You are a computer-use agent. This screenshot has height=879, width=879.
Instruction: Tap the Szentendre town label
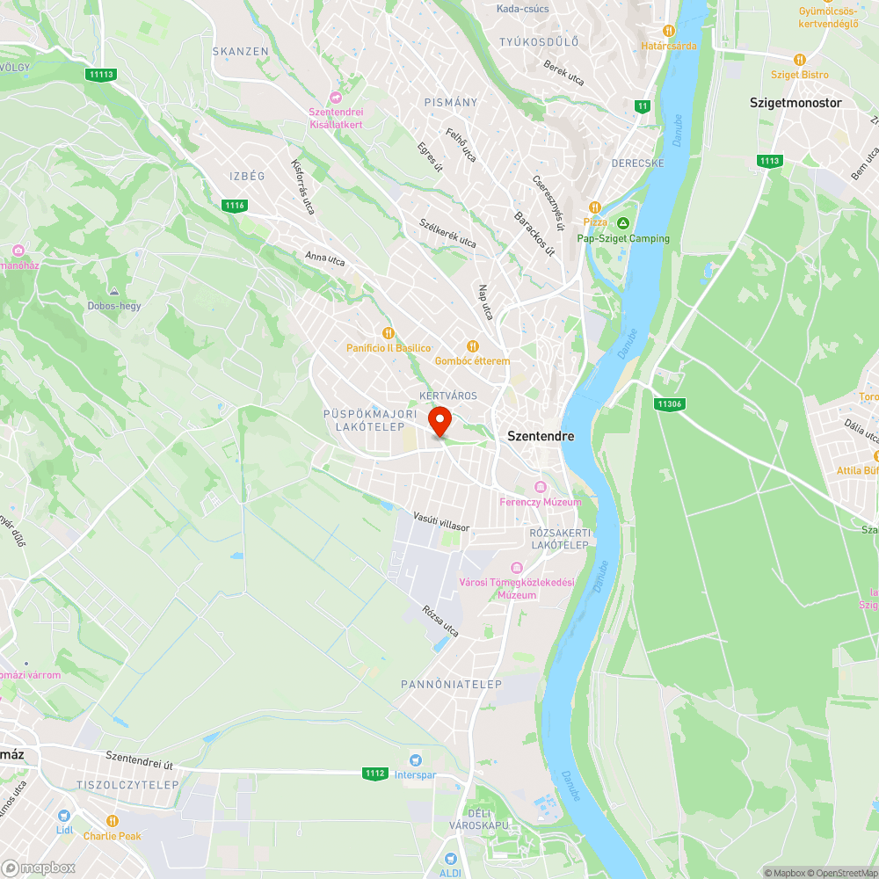(541, 436)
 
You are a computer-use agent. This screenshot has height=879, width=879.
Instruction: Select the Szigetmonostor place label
(795, 103)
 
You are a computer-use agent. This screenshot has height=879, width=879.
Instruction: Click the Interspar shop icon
(415, 760)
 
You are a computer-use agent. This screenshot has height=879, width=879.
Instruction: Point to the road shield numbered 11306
(669, 403)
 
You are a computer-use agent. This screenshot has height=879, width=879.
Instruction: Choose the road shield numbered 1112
(375, 774)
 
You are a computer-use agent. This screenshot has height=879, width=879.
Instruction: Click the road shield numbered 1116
(235, 206)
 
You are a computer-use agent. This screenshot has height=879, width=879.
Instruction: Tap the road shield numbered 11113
(102, 74)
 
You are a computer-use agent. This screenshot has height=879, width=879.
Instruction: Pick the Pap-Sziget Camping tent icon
(623, 223)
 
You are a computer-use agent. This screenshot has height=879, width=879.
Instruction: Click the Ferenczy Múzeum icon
(541, 487)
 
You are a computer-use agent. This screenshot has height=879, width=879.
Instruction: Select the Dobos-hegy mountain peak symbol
(114, 291)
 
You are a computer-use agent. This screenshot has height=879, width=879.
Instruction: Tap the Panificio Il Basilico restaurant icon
(388, 332)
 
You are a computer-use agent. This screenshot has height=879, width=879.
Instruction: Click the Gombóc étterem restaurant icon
(472, 346)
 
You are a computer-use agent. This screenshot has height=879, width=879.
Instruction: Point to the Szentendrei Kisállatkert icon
(335, 97)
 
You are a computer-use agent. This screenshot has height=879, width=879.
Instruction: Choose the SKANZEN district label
(240, 52)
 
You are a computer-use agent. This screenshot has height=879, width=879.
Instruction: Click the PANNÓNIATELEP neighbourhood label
(451, 684)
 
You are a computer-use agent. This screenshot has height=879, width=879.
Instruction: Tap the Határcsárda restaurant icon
(669, 31)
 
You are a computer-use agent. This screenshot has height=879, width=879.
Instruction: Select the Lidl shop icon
(63, 815)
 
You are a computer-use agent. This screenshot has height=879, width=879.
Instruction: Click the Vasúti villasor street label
(441, 522)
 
